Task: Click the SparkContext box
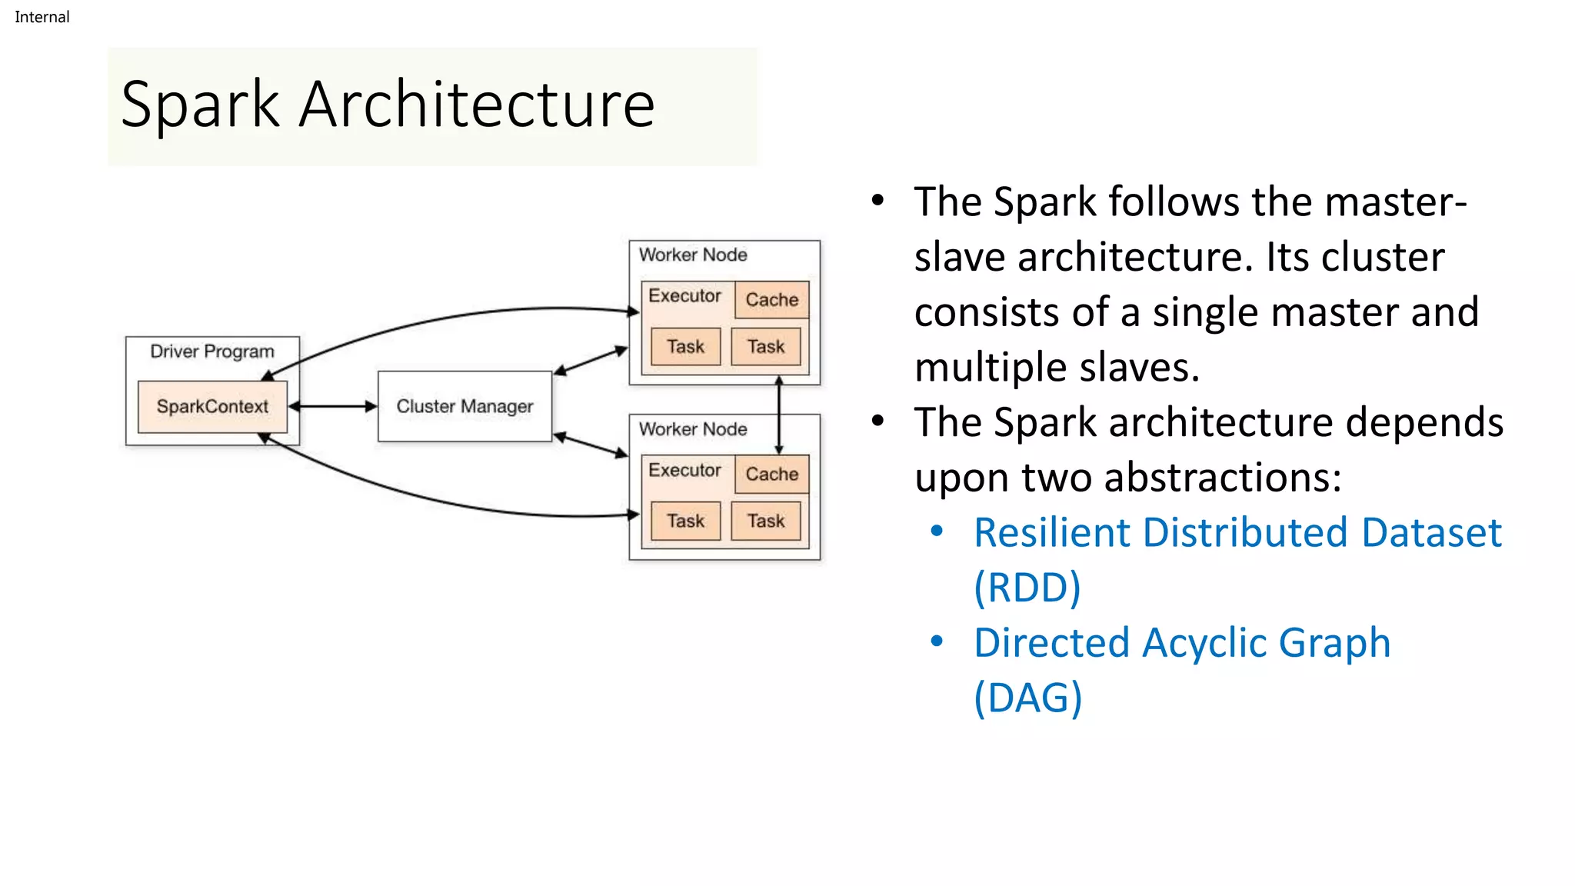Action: point(212,406)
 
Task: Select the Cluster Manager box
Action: point(465,406)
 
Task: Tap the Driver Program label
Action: point(212,351)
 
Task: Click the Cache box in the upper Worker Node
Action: point(771,300)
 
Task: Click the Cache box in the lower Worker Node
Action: point(771,474)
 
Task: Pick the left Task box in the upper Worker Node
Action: point(685,346)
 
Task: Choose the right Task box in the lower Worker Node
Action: point(766,521)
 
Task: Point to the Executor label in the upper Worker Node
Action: point(684,296)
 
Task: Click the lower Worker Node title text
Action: point(693,429)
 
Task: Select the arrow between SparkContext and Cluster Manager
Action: point(333,406)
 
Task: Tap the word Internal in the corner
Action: point(42,17)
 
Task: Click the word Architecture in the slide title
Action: point(477,105)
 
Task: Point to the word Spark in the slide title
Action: point(200,105)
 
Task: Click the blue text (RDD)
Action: point(1027,588)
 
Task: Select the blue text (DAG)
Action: point(1027,698)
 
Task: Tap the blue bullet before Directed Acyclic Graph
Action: point(937,641)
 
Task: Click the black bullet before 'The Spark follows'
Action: point(877,202)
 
